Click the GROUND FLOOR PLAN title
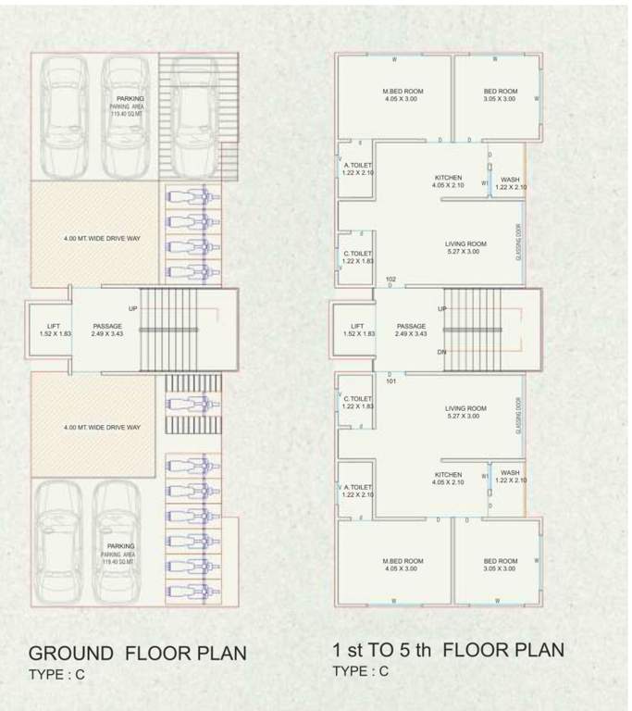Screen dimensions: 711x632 137,653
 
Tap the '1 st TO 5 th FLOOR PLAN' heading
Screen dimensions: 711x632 448,650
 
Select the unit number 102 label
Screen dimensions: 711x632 390,279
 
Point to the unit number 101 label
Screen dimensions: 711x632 390,380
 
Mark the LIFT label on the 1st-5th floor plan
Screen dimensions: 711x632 357,326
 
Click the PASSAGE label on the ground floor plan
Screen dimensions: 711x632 107,326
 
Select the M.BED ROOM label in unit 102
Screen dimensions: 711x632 403,92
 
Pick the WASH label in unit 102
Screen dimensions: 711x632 510,180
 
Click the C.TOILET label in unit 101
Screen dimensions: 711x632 357,401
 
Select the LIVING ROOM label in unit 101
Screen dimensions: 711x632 465,408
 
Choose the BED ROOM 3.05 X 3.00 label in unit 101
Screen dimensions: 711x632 501,561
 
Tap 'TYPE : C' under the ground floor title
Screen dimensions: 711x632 56,675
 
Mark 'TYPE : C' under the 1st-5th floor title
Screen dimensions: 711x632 362,671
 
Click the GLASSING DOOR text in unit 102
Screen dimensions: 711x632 519,242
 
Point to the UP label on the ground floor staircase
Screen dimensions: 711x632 134,308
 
